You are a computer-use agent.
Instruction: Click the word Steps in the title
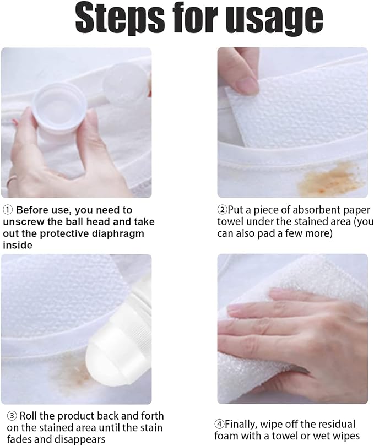[120, 19]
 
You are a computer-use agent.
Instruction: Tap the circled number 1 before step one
[8, 210]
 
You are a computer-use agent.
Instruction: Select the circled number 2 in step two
[222, 210]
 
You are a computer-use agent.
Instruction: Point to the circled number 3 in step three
[12, 416]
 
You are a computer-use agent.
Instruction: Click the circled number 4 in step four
[219, 424]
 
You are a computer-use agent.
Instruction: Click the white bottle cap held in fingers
[59, 108]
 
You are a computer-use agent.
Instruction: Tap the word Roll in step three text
[28, 416]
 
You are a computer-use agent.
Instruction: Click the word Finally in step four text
[241, 424]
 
